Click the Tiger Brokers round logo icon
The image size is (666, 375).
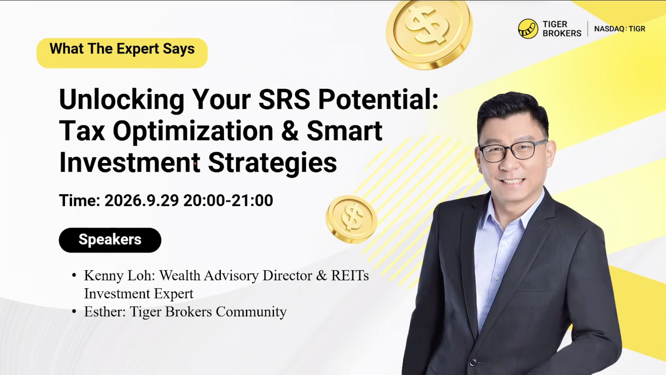(528, 29)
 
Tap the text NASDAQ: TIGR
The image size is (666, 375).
(620, 29)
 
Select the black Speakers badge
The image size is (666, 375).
(110, 240)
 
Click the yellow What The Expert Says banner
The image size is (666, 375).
(122, 53)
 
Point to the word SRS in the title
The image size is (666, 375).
(284, 99)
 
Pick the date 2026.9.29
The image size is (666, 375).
(142, 200)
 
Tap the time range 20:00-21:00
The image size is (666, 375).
(228, 200)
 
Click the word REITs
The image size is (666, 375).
(350, 276)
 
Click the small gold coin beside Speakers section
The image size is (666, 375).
(351, 219)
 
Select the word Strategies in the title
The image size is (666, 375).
(272, 163)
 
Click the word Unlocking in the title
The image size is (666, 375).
(122, 99)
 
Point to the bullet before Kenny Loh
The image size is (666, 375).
(74, 276)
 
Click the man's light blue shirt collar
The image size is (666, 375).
(516, 209)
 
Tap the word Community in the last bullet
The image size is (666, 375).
(251, 312)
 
